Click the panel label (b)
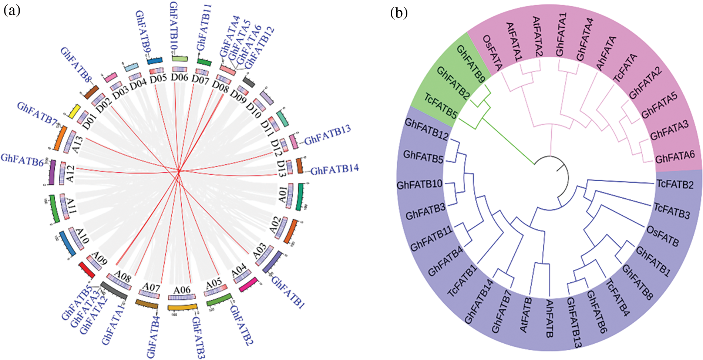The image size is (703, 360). click(399, 13)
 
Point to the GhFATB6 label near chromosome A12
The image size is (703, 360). click(22, 160)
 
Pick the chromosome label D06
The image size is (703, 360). click(180, 78)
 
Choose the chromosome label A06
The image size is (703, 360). click(182, 290)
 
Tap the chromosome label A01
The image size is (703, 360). click(283, 195)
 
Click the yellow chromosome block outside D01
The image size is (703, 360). click(75, 111)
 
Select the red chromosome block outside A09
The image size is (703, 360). click(87, 270)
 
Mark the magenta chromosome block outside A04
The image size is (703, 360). click(247, 284)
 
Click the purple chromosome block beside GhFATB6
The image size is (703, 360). click(53, 172)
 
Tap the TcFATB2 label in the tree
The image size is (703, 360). click(675, 184)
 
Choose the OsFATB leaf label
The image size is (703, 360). click(663, 236)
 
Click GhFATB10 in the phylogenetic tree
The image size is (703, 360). click(420, 184)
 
